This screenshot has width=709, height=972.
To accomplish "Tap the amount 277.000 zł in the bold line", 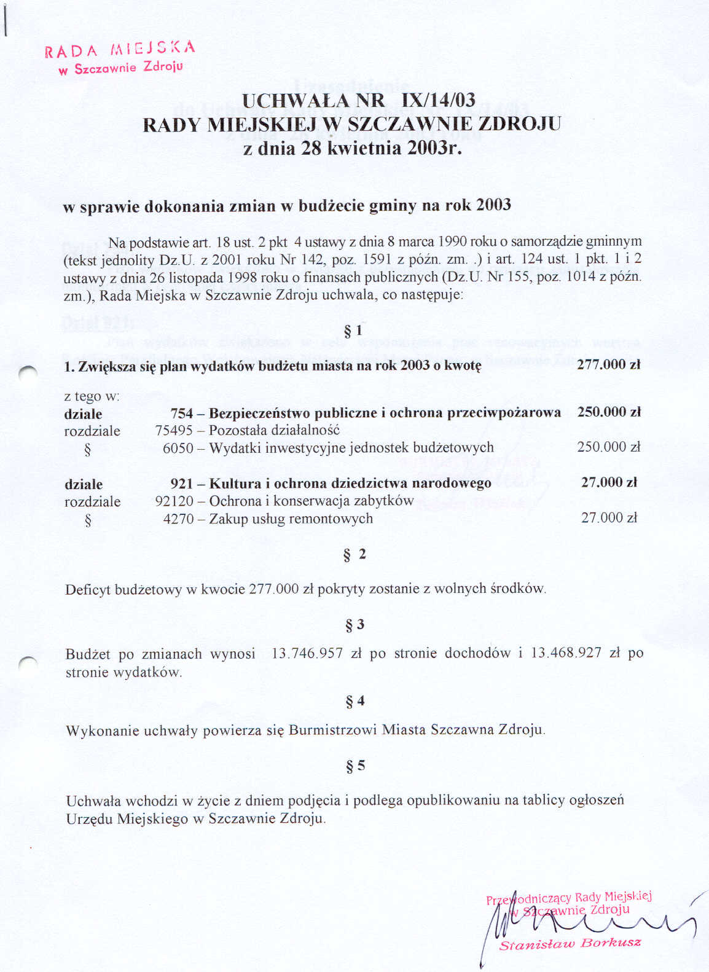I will [x=608, y=364].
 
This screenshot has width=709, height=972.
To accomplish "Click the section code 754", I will [x=182, y=413].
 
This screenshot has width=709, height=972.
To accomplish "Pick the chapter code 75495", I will [x=174, y=430].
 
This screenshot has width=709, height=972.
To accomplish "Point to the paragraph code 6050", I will [x=178, y=448].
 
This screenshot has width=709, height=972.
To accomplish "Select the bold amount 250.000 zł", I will [x=608, y=412].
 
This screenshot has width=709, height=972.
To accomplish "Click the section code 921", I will [x=182, y=484].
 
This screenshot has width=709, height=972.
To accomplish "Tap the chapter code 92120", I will [x=174, y=501].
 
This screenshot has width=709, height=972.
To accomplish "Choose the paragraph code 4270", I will [x=178, y=519].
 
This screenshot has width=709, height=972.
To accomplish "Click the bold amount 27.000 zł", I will [x=609, y=482].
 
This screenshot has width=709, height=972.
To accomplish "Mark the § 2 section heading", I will [x=354, y=555].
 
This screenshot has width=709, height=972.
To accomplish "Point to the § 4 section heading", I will [x=354, y=701].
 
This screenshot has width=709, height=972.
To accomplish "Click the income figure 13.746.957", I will [x=307, y=654].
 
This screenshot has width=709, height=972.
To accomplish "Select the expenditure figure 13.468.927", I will [x=566, y=653].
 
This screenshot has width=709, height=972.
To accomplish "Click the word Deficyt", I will [x=88, y=590].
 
